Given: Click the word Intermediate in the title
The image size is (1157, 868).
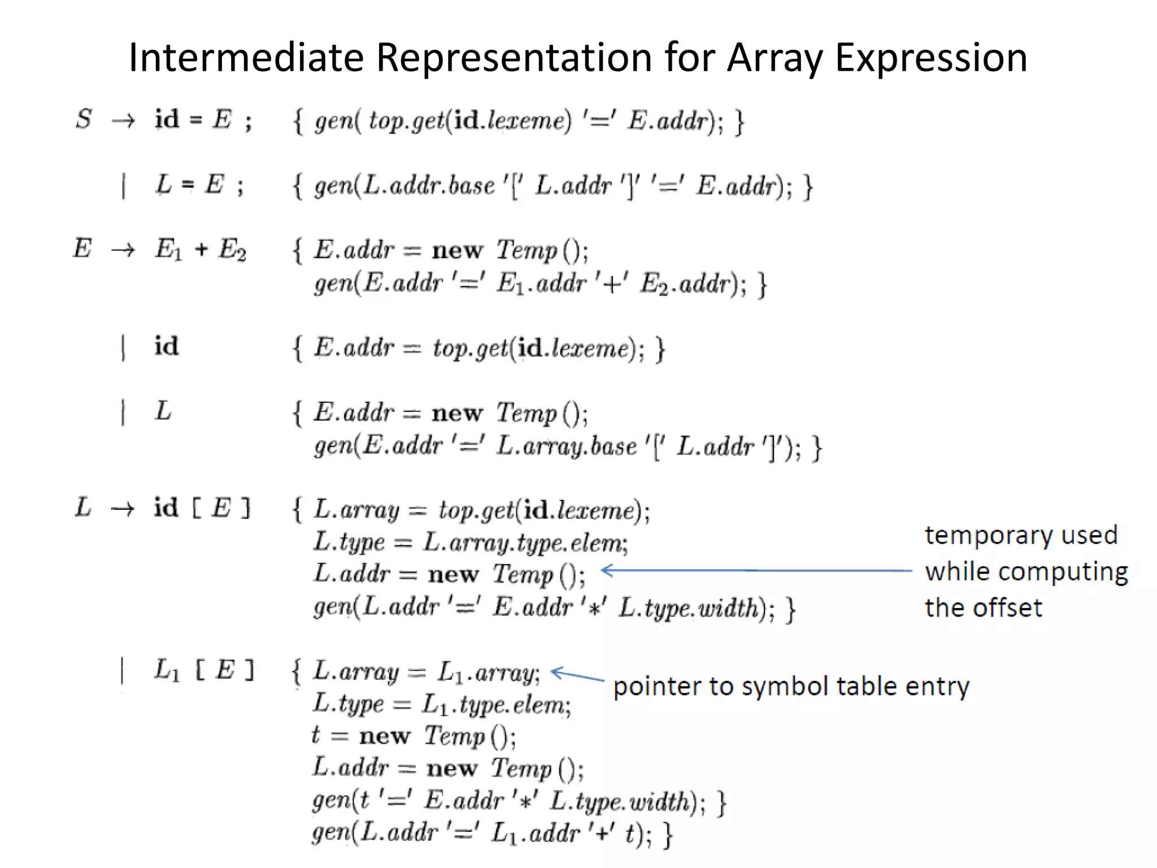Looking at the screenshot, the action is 246,58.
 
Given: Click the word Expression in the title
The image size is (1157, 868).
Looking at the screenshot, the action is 930,58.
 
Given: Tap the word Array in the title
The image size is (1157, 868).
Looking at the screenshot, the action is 774,58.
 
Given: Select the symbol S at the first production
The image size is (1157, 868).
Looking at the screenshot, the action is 84,119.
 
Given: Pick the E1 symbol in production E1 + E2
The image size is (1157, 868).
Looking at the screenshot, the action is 168,249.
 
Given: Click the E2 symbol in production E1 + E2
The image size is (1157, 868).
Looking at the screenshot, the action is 232,249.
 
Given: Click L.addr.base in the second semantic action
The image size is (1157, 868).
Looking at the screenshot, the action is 429,185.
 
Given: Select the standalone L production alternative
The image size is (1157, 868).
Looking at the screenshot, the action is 163,411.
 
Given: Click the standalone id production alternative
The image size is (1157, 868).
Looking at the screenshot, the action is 166,346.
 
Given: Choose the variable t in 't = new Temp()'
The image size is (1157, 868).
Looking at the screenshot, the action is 316,735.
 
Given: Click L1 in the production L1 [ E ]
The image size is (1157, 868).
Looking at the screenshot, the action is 167,671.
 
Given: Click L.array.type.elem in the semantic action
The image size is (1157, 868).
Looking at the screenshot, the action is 524,543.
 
